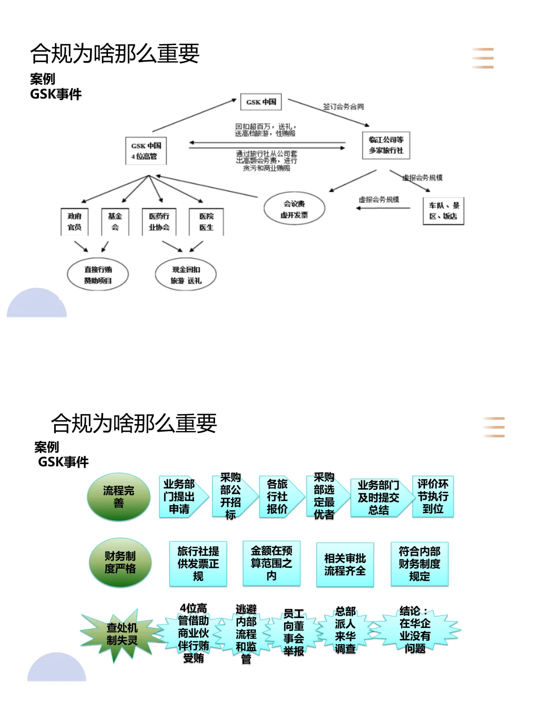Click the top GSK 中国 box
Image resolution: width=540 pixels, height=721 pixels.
(261, 102)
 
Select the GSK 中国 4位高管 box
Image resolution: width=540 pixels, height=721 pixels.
(146, 151)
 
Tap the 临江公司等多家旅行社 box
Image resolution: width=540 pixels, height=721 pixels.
(386, 145)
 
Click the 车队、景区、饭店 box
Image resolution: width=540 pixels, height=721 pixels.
(443, 211)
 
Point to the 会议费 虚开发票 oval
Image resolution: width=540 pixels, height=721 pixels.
(294, 209)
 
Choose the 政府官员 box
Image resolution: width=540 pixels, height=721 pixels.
(74, 222)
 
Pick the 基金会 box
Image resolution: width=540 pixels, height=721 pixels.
(115, 222)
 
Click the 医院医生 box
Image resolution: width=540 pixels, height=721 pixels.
(206, 222)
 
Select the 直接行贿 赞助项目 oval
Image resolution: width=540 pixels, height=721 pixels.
(98, 275)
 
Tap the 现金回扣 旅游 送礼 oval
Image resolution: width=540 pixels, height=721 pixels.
(185, 275)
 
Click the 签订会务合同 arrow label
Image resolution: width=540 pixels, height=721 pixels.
(343, 107)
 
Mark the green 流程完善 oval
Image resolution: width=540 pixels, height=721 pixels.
(118, 497)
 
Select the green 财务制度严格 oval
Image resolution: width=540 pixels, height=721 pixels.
(120, 562)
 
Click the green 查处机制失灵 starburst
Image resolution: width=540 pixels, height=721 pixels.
(121, 634)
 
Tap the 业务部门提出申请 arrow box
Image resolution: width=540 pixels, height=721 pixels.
(180, 497)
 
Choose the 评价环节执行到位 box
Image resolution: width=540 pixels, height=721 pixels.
(433, 496)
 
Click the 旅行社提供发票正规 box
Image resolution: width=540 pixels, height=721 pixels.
(198, 564)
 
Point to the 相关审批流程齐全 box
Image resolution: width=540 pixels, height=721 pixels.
(345, 565)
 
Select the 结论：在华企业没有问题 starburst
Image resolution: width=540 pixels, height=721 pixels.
(415, 630)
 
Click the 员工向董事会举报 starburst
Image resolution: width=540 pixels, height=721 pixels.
(293, 632)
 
